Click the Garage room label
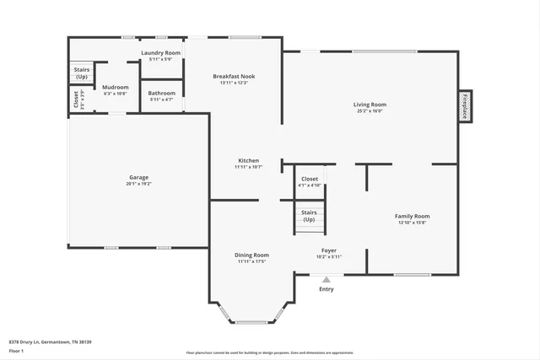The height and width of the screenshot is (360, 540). [x=138, y=177]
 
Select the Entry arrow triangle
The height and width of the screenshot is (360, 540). [x=327, y=280]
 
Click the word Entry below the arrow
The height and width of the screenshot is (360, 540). [x=327, y=289]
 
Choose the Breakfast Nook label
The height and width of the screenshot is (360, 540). [x=233, y=76]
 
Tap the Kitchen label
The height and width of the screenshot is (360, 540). [x=248, y=160]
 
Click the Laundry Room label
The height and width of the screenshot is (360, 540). [x=160, y=53]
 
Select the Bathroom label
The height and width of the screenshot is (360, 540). [x=161, y=93]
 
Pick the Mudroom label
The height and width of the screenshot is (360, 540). [x=115, y=87]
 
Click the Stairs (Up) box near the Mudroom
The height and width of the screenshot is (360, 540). [x=81, y=73]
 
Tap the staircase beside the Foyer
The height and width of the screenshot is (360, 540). [x=309, y=218]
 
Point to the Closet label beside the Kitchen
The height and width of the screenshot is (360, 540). [x=310, y=179]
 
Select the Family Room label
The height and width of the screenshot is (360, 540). [x=412, y=217]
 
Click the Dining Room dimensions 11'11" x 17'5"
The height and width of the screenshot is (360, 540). [x=251, y=261]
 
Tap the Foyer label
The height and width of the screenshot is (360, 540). [x=329, y=250]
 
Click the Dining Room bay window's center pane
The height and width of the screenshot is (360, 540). [x=251, y=322]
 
